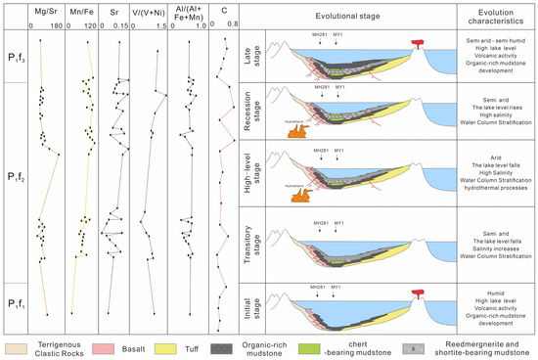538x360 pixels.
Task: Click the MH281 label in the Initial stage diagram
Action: click(317, 286)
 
